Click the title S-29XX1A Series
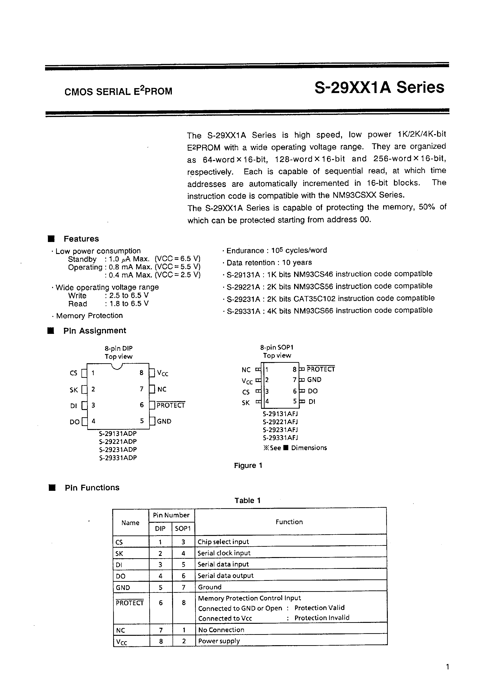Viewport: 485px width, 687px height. coord(379,88)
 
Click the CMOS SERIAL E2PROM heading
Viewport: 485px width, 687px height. coord(118,91)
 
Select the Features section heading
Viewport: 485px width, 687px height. coord(81,239)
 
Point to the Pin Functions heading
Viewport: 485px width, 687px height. coord(92,488)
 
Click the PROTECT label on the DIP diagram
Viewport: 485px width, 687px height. coord(171,406)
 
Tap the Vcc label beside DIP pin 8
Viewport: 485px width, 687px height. coord(163,373)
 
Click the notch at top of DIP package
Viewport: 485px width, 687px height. coord(117,366)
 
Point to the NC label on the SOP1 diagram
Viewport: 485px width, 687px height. coord(246,370)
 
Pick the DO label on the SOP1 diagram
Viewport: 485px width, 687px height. coord(313,391)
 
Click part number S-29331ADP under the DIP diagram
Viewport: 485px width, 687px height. coord(118,458)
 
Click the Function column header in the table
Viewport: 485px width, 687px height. coord(289,522)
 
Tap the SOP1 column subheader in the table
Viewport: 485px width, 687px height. coord(183,529)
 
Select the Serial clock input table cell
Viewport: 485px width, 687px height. coord(224,553)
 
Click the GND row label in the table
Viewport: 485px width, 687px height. coord(123,587)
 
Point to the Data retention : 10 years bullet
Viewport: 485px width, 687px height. coord(269,263)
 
